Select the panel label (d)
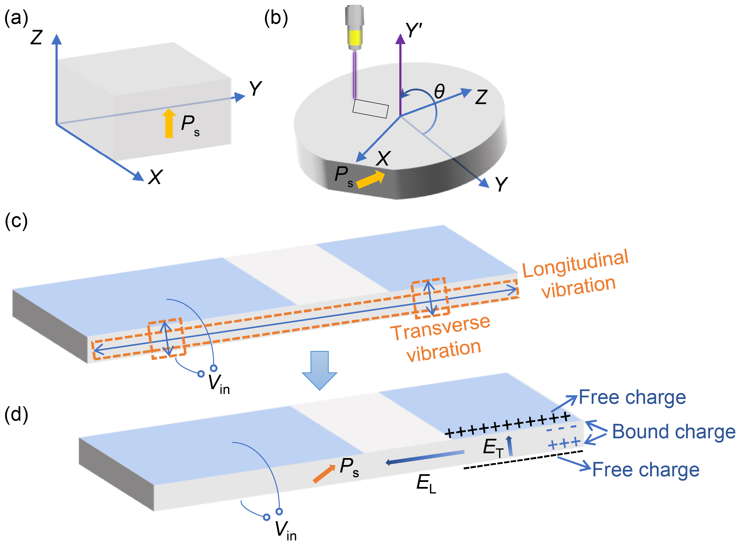[x=16, y=414]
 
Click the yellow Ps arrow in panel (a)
[x=169, y=123]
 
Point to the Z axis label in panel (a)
[x=36, y=37]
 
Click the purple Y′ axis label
[x=414, y=30]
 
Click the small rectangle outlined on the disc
[x=370, y=108]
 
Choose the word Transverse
[x=440, y=328]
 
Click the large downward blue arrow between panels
[x=319, y=370]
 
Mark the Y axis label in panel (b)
[x=502, y=184]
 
